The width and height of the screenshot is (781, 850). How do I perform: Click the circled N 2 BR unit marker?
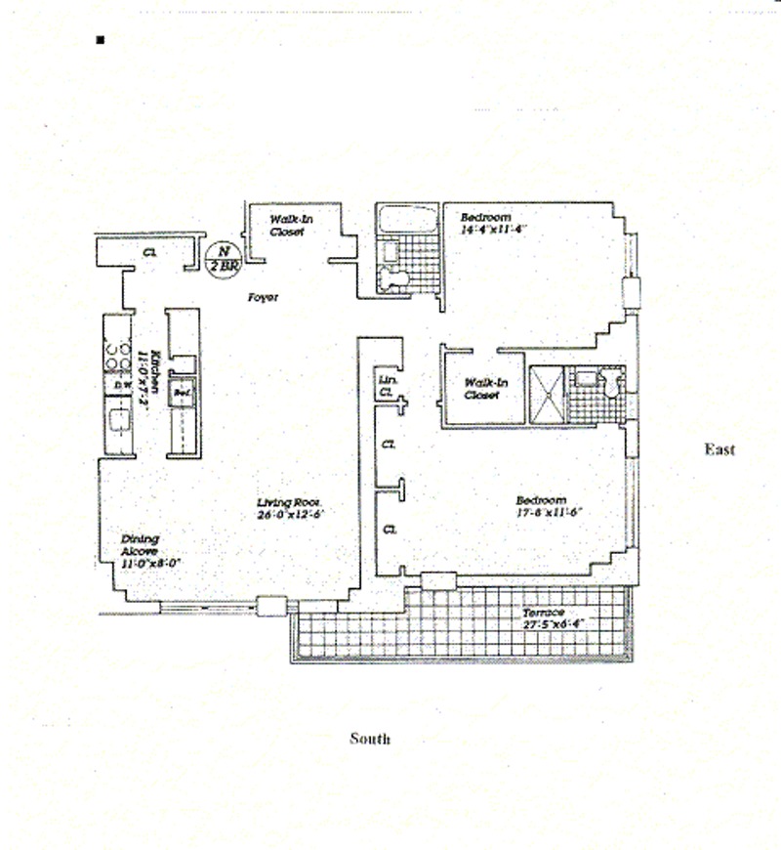220,256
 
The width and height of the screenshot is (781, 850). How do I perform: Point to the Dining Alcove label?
140,544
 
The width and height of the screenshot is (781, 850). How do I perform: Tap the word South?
370,739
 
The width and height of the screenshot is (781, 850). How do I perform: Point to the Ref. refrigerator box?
181,393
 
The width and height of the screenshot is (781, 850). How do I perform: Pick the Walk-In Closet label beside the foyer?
291,228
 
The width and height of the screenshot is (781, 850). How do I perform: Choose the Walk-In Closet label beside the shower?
485,389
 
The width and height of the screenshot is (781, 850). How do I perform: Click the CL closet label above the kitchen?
148,252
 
